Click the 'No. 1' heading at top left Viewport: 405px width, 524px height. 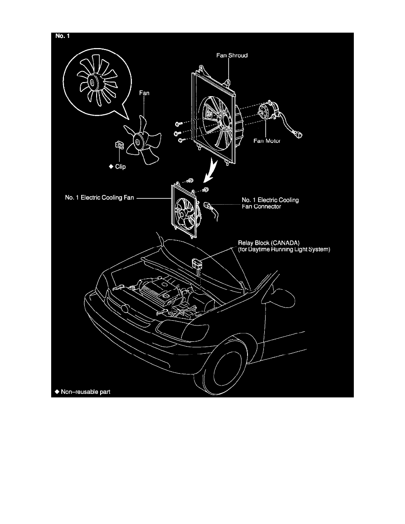[61, 37]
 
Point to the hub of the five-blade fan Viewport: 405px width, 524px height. [138, 142]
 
